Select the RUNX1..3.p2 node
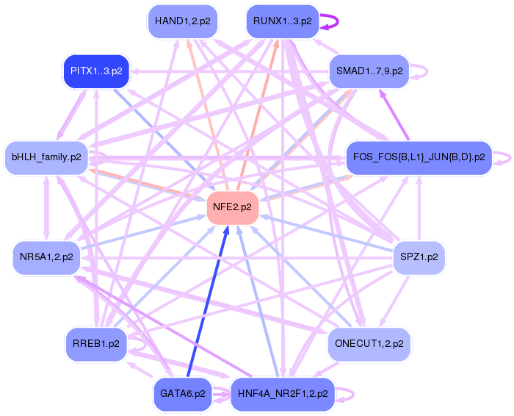pos(282,21)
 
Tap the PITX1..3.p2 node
pos(96,71)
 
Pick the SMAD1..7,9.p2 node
pos(368,71)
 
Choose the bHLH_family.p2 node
pos(46,157)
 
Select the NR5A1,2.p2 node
pos(46,257)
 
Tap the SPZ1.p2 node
pos(419,257)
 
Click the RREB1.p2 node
pos(96,343)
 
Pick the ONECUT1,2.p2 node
pos(368,343)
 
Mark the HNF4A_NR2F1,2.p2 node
pos(283,393)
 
